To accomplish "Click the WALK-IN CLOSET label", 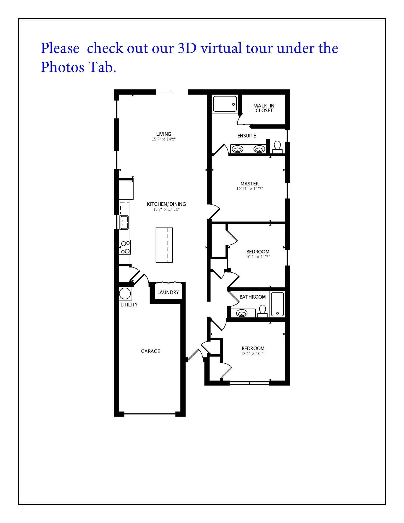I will (264, 108).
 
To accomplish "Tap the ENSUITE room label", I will (247, 136).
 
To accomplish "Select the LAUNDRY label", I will (168, 292).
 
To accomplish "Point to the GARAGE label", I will (150, 351).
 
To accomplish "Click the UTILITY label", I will (129, 305).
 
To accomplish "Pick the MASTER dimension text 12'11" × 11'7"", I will (249, 189).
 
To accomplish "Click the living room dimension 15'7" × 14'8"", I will (163, 139).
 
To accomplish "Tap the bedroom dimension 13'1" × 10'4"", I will (253, 354).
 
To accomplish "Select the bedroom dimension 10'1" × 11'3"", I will (258, 257).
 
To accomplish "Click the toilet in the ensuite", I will (277, 147).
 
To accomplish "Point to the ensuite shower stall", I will (225, 104).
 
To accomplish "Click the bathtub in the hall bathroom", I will (277, 304).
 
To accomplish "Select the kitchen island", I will (164, 245).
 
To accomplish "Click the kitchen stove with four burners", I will (125, 247).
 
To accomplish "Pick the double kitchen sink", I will (124, 222).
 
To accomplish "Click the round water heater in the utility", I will (125, 294).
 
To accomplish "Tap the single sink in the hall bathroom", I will (242, 313).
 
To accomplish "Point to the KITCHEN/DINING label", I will (166, 204).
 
